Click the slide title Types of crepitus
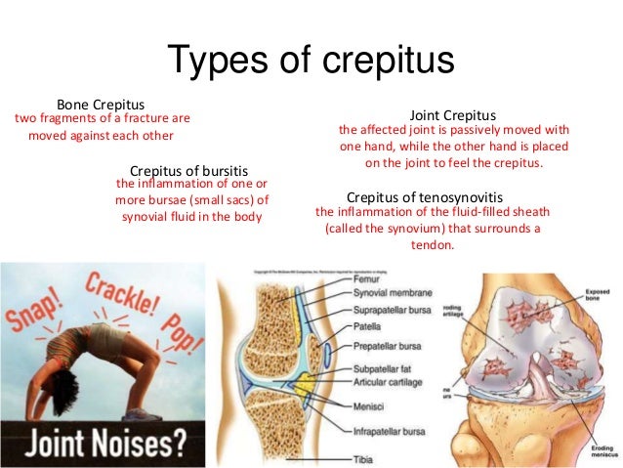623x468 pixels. (311, 61)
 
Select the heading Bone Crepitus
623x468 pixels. (101, 104)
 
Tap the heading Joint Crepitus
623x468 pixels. (455, 113)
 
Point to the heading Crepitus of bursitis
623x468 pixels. (195, 168)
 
